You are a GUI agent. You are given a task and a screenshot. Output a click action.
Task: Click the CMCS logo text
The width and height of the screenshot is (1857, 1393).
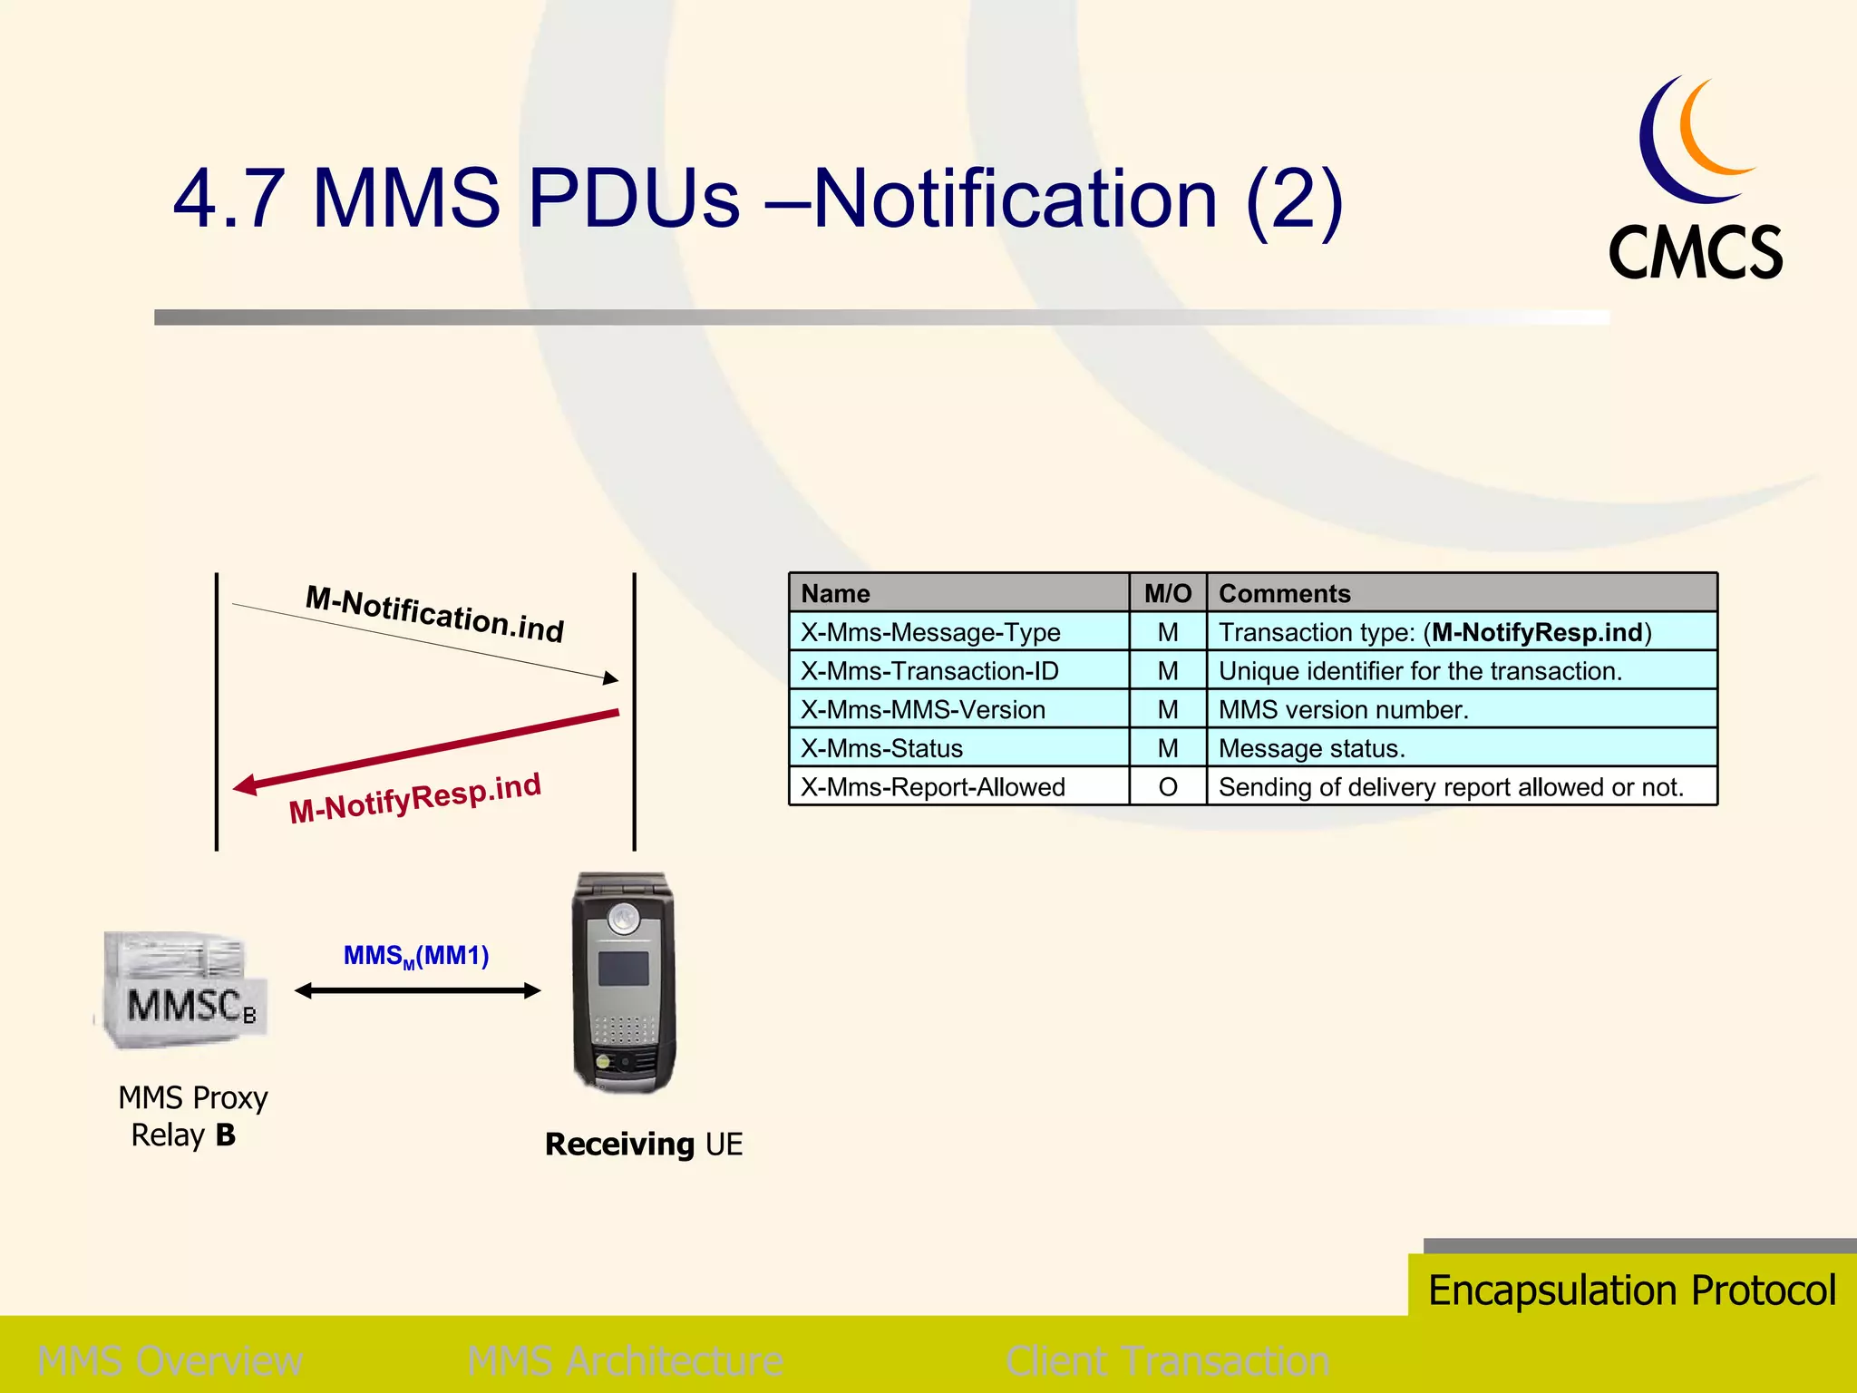pos(1695,253)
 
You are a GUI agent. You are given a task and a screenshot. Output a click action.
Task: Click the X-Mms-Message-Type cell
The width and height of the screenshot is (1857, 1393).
pos(930,632)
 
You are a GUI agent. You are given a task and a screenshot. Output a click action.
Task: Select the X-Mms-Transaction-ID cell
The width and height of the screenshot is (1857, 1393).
pos(929,671)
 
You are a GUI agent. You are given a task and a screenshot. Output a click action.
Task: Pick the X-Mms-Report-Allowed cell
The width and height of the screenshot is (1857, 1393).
pos(932,787)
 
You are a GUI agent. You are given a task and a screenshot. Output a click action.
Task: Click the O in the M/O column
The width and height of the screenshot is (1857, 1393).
pos(1168,787)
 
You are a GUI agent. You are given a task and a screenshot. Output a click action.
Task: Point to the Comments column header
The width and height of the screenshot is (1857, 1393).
pos(1284,593)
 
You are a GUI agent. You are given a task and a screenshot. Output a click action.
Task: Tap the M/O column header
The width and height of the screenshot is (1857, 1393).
pos(1168,593)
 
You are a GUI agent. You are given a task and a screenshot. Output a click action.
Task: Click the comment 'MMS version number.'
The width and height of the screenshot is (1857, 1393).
pos(1343,709)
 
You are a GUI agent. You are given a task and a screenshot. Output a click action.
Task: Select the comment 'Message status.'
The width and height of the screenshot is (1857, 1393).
pos(1311,748)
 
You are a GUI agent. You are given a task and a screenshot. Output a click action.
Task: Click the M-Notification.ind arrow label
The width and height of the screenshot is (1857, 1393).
pos(434,614)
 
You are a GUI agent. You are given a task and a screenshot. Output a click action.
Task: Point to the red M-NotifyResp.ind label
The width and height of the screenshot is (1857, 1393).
pos(414,798)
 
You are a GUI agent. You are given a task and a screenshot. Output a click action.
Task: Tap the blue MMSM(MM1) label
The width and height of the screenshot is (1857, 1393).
pos(416,956)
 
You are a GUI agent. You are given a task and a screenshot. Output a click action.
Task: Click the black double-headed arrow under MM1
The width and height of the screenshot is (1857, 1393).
pos(417,991)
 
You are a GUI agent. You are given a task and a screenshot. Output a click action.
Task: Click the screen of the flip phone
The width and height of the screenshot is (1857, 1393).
pos(623,969)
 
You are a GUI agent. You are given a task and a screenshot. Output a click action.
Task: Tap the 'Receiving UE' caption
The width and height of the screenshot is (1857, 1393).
pos(644,1145)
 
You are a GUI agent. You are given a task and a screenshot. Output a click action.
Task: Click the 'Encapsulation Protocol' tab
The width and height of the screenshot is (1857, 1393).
pos(1631,1290)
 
